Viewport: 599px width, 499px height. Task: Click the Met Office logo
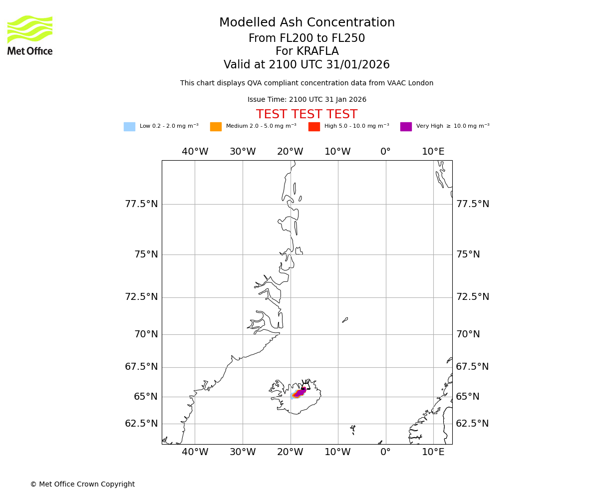(x=30, y=35)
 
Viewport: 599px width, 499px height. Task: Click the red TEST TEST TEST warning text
(x=306, y=114)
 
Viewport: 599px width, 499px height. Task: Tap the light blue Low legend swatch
(x=129, y=127)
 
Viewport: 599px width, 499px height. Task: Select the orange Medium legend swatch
(x=216, y=127)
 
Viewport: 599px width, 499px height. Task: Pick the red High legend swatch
(x=314, y=127)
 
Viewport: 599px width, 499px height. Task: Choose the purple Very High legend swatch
(x=406, y=127)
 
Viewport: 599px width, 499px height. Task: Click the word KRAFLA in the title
(x=318, y=51)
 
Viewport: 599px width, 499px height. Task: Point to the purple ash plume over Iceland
(x=300, y=392)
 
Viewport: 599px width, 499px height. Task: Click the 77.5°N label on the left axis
(x=141, y=204)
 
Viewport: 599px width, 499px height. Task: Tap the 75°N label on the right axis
(x=468, y=254)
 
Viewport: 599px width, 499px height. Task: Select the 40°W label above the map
(x=195, y=152)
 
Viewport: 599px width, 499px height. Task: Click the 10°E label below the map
(x=433, y=452)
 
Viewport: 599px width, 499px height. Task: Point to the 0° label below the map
(x=385, y=452)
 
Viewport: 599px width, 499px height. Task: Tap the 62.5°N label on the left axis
(x=141, y=424)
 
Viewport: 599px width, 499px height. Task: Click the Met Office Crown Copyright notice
(x=82, y=484)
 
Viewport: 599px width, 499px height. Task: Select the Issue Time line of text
(x=306, y=100)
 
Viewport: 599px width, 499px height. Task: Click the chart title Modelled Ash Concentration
(x=306, y=23)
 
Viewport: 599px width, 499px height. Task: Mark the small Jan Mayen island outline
(x=345, y=320)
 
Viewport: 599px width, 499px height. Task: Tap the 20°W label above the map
(x=290, y=152)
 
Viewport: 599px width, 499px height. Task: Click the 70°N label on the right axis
(x=468, y=334)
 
